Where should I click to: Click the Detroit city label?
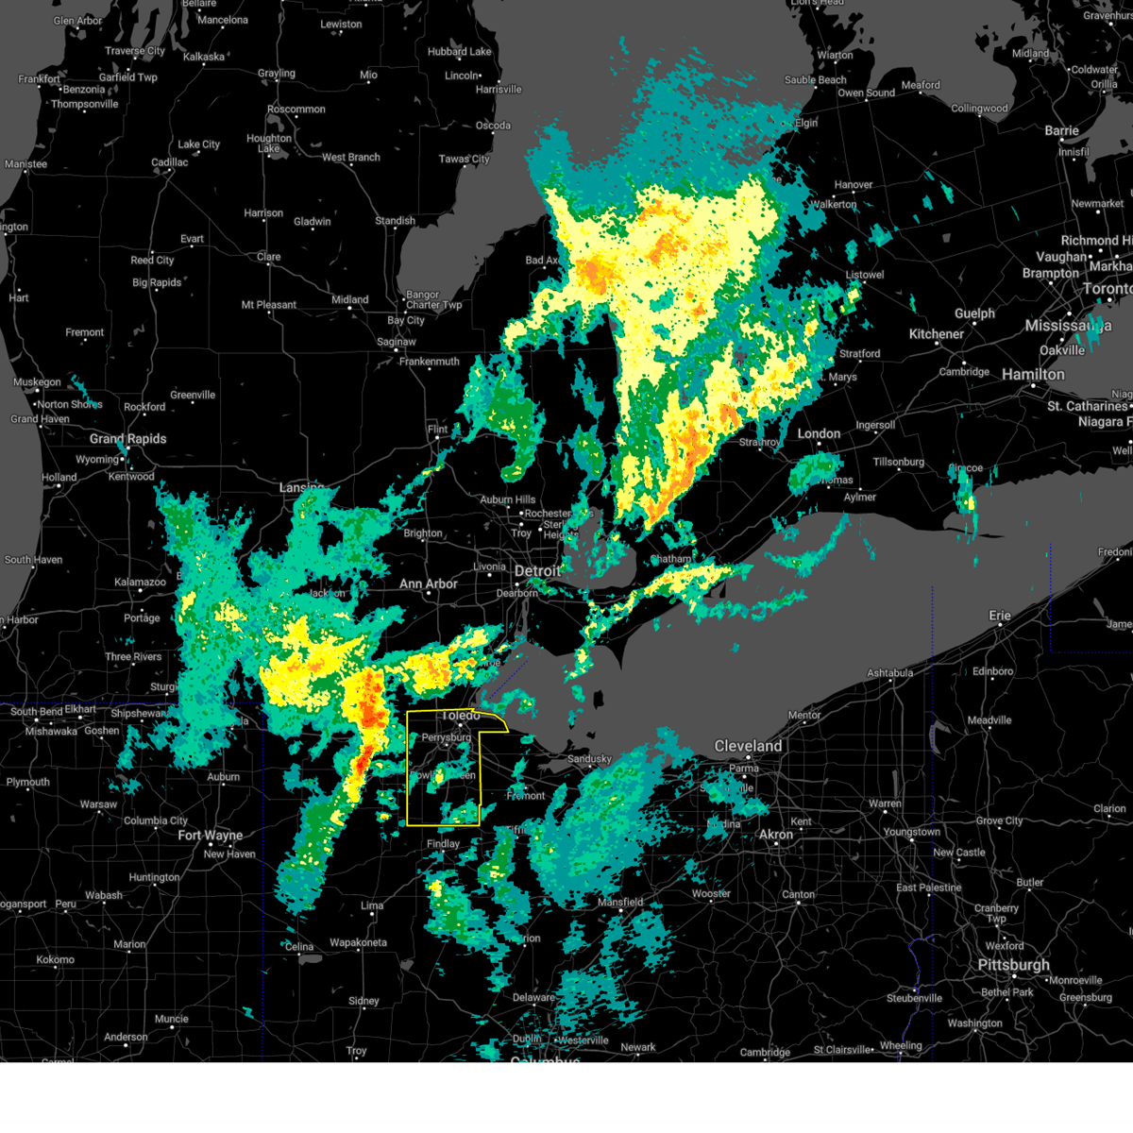(x=537, y=571)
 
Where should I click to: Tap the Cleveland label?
(x=748, y=746)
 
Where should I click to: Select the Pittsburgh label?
(x=1014, y=965)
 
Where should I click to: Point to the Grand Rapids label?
(x=127, y=439)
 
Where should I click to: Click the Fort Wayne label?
(x=210, y=836)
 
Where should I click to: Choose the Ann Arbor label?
(x=428, y=584)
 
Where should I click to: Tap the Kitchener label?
(x=937, y=334)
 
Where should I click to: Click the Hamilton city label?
(x=1033, y=375)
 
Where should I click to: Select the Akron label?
(x=776, y=835)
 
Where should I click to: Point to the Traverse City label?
(x=135, y=51)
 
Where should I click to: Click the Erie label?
(x=1000, y=616)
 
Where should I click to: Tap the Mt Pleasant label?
(x=269, y=305)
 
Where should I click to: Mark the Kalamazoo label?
(x=140, y=583)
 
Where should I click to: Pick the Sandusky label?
(x=589, y=759)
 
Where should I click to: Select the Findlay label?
(x=443, y=844)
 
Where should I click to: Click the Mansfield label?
(x=620, y=903)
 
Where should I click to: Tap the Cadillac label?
(x=170, y=162)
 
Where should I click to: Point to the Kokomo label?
(x=56, y=959)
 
